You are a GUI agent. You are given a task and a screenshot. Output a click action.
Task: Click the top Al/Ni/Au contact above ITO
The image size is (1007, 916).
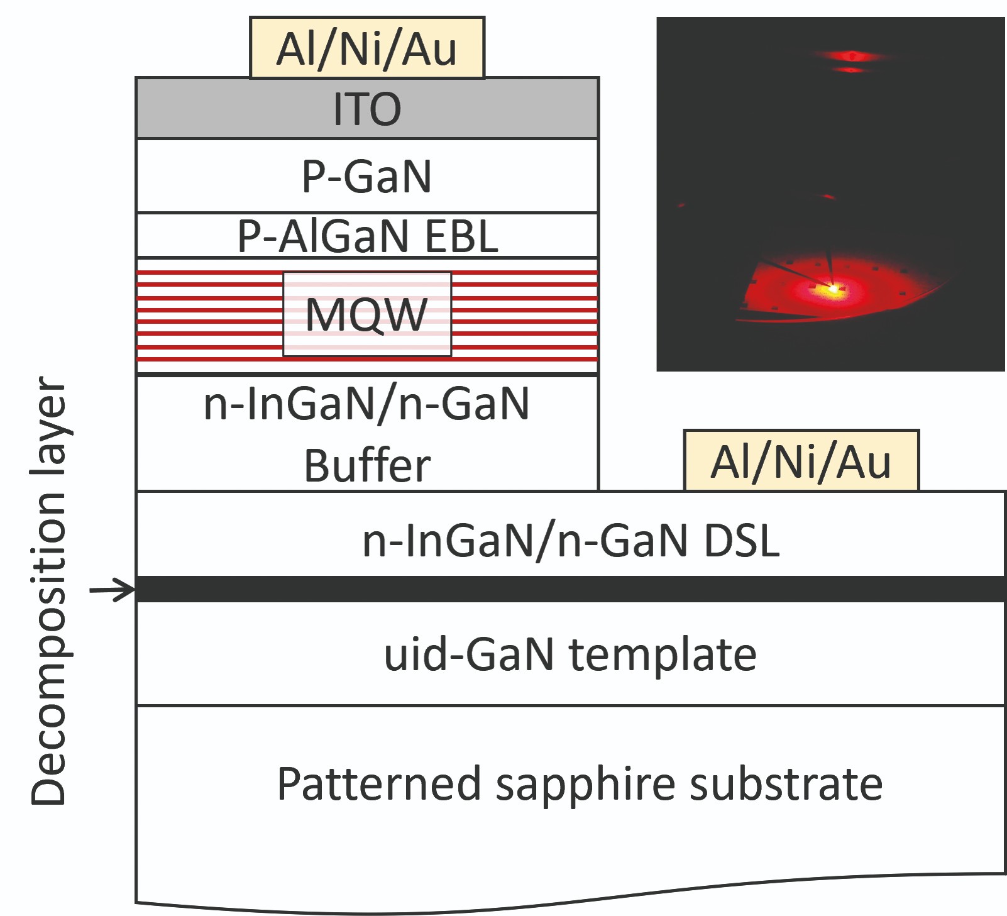click(x=367, y=48)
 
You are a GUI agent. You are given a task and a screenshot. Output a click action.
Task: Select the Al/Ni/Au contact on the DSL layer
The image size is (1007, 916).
click(x=801, y=461)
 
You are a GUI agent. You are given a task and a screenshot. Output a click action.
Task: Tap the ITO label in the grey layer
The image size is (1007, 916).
click(x=367, y=109)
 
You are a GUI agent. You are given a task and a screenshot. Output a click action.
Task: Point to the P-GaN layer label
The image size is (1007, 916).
click(x=367, y=176)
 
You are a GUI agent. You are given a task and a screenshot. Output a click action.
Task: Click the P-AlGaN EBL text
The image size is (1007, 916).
click(x=368, y=236)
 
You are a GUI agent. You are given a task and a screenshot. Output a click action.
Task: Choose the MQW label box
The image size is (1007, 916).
click(x=367, y=314)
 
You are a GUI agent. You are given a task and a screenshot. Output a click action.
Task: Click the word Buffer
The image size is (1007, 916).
click(x=368, y=466)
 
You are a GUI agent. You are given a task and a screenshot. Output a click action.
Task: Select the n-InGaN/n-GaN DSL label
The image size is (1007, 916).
click(x=571, y=540)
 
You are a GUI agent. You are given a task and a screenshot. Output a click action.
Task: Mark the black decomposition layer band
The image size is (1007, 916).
click(x=571, y=589)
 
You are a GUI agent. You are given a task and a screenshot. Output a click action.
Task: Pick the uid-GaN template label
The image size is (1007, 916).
click(x=570, y=654)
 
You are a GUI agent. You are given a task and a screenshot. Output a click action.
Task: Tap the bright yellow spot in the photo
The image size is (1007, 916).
click(x=834, y=289)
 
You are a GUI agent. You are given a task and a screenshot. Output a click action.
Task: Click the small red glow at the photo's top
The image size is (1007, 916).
click(x=852, y=57)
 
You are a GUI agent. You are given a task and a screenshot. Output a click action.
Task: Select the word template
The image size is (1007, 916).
click(x=663, y=654)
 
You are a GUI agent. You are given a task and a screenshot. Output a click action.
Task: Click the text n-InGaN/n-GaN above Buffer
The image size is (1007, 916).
click(x=367, y=404)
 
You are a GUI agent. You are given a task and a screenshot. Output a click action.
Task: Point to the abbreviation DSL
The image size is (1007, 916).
click(x=742, y=540)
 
